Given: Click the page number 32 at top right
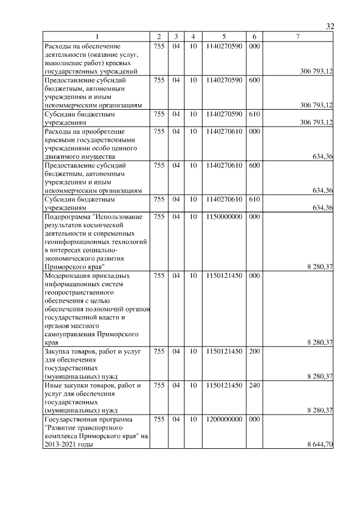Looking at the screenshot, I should tap(330, 26).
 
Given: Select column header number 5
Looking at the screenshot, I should tap(224, 37).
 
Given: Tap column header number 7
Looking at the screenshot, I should tap(298, 37).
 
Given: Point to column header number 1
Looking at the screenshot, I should tap(98, 37).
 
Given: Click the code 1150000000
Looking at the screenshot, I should tap(224, 217).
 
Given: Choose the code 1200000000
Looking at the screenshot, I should tap(224, 420).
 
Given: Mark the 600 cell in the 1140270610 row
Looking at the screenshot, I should tap(254, 166).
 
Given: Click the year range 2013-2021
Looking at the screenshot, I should tap(61, 444).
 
